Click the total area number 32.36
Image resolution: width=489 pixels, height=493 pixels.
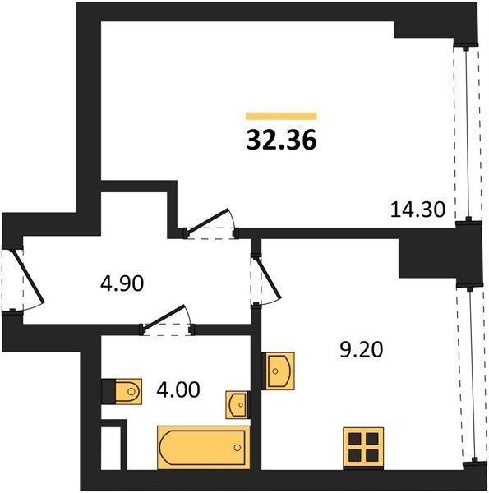coord(281,141)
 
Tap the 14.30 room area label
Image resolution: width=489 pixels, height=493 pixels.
coord(418,210)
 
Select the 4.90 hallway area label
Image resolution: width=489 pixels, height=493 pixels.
coord(122,283)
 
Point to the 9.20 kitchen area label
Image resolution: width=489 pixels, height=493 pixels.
coord(362,349)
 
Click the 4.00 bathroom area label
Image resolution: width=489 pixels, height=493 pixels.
coord(178,389)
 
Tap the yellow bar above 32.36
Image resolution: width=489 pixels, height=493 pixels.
coord(281,116)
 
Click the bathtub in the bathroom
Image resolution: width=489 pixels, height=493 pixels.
coord(204,448)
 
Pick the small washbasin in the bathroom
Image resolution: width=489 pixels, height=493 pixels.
coord(238,405)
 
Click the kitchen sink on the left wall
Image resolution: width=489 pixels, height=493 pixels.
coord(278,371)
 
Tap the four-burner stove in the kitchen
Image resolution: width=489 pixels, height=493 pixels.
coord(363,447)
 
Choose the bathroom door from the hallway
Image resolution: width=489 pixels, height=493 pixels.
coord(167,320)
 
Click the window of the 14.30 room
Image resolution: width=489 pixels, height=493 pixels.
coord(467,132)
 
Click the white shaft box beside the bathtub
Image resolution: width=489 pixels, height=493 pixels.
coord(111,449)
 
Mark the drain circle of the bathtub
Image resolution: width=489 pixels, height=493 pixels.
coord(238,448)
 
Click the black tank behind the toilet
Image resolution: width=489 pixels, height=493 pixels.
coord(108,391)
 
